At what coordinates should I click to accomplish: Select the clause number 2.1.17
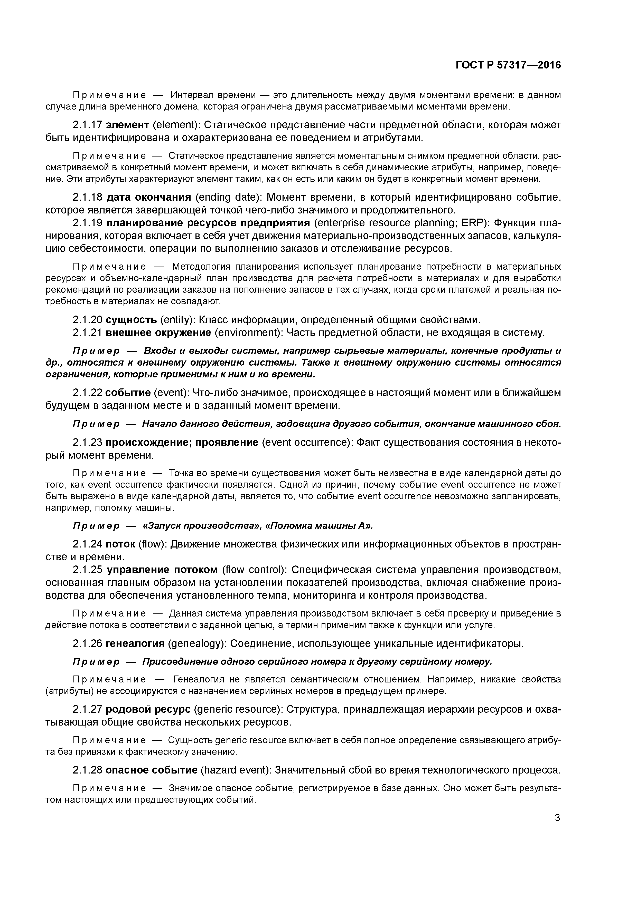(x=87, y=125)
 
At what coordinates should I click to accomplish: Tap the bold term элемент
(x=128, y=125)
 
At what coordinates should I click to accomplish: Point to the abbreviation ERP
(x=472, y=223)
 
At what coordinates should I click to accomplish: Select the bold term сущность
(x=131, y=320)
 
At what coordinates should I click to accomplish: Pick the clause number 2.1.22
(x=87, y=393)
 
